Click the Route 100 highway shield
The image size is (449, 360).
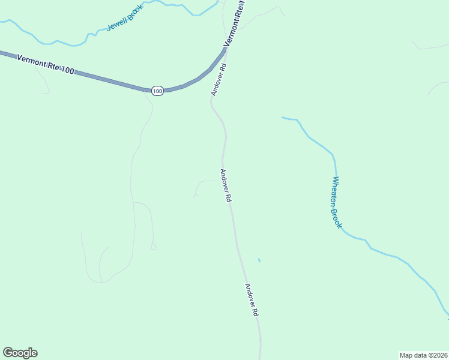157,91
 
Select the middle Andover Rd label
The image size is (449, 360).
226,185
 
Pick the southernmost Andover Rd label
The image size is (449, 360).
252,300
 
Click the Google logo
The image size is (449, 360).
20,353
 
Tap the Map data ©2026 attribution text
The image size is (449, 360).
423,355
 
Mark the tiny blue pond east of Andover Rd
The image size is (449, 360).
259,260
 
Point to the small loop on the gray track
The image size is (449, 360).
153,246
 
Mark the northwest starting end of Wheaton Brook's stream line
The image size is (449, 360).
283,118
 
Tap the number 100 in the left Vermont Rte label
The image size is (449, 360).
67,70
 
